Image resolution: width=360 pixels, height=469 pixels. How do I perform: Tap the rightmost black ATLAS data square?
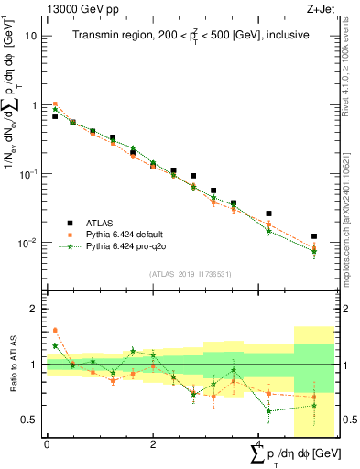coord(314,236)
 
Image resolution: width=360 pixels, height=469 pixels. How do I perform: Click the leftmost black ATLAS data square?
coord(55,116)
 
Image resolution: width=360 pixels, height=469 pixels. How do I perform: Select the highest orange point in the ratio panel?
coord(55,330)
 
